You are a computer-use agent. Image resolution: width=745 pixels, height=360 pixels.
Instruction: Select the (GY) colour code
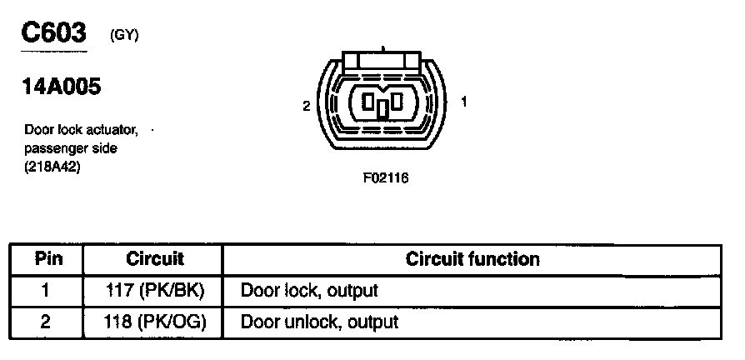point(124,35)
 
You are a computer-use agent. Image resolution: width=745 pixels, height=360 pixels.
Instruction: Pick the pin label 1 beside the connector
point(463,102)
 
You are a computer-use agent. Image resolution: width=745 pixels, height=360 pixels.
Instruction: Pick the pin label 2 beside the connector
point(307,106)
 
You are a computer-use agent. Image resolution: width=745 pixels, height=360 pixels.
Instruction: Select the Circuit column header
point(155,259)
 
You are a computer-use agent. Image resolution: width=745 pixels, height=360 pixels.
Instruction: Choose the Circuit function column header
point(472,259)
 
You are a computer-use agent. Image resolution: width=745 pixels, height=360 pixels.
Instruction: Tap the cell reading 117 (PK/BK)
point(156,291)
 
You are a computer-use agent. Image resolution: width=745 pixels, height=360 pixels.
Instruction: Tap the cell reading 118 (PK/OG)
point(156,321)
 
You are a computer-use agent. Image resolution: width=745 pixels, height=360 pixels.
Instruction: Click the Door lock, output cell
point(309,291)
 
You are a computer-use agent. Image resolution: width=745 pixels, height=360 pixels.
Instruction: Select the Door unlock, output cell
point(319,321)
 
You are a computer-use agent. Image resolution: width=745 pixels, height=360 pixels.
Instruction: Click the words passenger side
point(71,147)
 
